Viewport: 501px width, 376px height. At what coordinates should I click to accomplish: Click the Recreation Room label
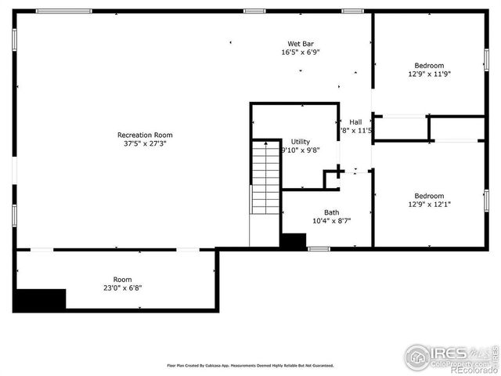pos(145,135)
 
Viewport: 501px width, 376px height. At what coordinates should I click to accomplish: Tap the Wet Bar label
pos(301,44)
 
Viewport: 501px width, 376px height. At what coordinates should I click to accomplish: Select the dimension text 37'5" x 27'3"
pos(145,144)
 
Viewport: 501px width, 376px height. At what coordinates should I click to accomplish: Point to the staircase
pos(266,179)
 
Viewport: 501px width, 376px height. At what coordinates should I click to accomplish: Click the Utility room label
pos(301,142)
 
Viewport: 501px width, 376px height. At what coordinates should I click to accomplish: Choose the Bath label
pos(332,212)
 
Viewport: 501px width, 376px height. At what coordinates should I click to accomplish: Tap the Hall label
pos(355,122)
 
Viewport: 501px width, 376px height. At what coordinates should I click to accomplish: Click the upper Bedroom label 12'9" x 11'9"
pos(429,66)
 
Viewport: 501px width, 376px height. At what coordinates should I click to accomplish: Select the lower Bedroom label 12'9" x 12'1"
pos(429,196)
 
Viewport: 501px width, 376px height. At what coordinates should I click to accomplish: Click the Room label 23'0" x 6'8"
pos(122,280)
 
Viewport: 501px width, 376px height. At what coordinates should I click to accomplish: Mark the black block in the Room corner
pos(41,299)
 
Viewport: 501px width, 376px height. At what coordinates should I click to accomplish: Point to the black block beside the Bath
pos(294,242)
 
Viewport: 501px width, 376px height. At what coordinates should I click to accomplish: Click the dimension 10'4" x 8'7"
pos(332,221)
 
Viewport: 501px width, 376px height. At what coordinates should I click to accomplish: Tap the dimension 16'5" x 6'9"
pos(301,52)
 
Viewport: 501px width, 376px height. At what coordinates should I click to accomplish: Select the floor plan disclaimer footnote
pos(250,365)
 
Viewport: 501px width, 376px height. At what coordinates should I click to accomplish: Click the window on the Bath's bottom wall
pos(319,249)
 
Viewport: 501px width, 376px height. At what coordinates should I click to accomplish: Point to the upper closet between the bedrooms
pos(401,128)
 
